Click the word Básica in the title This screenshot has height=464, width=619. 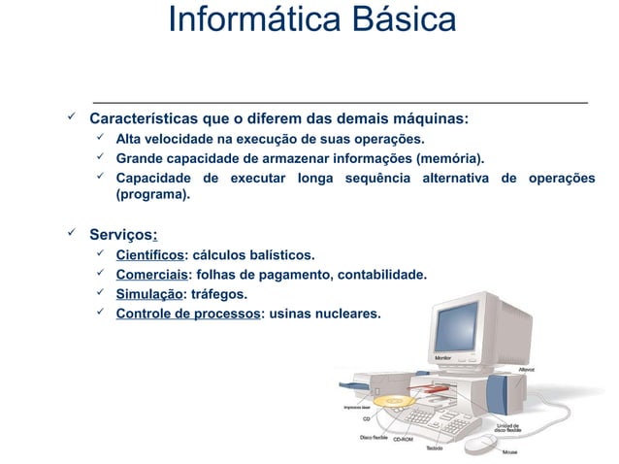pyautogui.click(x=393, y=19)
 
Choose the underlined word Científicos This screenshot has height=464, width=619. pyautogui.click(x=149, y=255)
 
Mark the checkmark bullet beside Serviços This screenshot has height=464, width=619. pyautogui.click(x=70, y=233)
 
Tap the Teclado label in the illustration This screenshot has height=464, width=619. pyautogui.click(x=436, y=448)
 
